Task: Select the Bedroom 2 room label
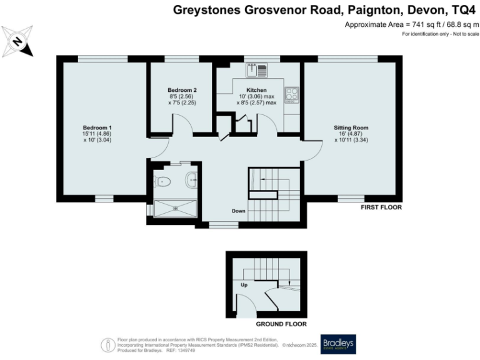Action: [182, 90]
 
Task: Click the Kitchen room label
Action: [256, 90]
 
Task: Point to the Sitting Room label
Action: [351, 127]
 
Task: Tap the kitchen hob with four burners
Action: [291, 94]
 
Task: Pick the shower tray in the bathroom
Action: [175, 208]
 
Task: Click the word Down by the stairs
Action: [238, 211]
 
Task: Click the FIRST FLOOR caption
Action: [381, 207]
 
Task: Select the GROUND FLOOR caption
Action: [281, 324]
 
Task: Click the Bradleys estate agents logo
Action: [337, 344]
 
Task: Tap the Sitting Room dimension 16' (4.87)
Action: [351, 134]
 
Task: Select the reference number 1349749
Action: [171, 350]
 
